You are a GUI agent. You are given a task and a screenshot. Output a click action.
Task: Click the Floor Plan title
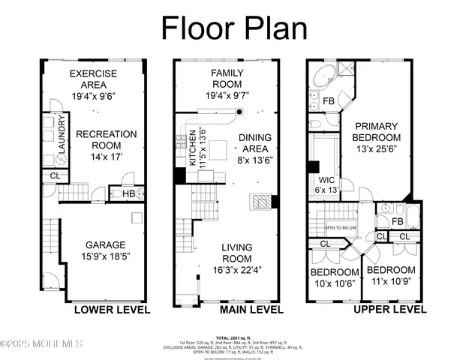[234, 28]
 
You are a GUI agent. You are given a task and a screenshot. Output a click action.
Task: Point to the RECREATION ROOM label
[106, 140]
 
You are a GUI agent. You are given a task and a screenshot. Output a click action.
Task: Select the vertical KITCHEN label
[193, 146]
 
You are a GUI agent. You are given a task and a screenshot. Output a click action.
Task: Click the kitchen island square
[217, 151]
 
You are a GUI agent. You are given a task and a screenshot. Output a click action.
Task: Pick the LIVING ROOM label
[236, 253]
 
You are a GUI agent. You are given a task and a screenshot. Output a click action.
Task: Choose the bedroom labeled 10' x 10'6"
[335, 277]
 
